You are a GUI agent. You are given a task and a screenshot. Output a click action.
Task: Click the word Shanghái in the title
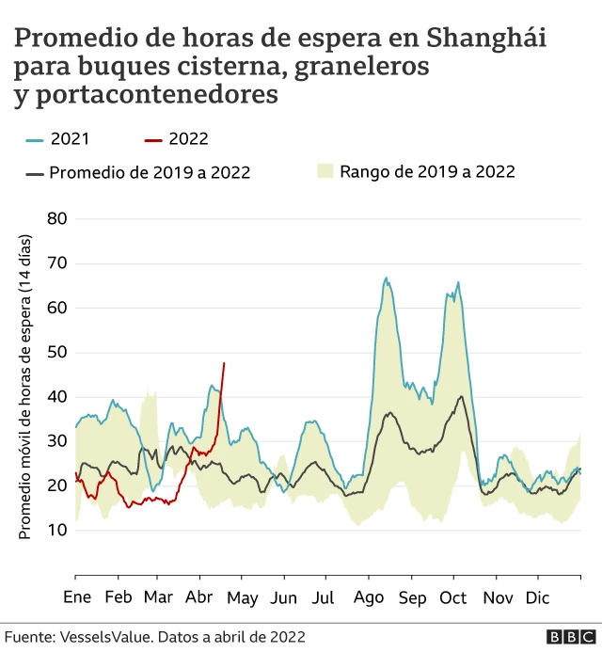(x=486, y=40)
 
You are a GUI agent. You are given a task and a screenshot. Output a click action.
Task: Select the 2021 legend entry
(x=57, y=139)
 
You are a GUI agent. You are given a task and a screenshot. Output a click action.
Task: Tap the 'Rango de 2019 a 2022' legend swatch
(x=325, y=171)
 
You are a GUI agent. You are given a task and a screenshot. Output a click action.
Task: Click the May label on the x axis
(x=243, y=597)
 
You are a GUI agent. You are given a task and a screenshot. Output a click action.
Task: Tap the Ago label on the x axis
(x=370, y=597)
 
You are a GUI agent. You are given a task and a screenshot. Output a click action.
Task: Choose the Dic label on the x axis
(x=537, y=597)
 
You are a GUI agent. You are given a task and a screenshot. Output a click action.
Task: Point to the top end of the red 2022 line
(x=224, y=363)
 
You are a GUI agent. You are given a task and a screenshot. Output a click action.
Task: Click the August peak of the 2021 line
(x=386, y=278)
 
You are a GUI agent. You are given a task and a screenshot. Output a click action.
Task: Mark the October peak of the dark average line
(x=461, y=396)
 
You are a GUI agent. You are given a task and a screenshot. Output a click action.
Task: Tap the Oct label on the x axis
(x=453, y=597)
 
